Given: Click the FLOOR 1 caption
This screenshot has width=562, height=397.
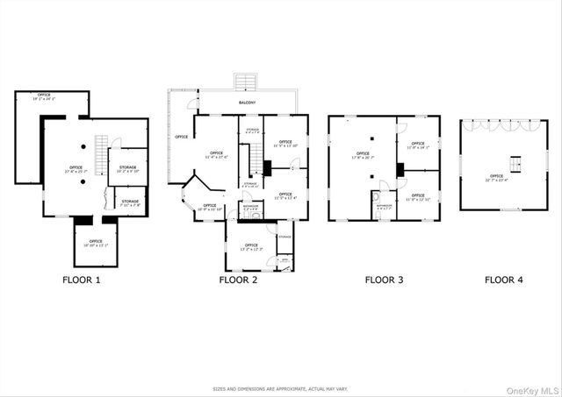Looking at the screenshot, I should click(82, 280).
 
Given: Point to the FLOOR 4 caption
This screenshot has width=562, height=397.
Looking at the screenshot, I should click(504, 280).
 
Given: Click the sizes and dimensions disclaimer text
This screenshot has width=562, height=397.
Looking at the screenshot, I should click(281, 388).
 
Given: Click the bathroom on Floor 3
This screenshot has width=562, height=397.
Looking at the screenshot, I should click(384, 207).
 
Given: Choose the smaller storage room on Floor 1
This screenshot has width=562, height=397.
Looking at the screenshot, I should click(130, 204).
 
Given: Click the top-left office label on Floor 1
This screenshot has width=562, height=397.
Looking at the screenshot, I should click(44, 96).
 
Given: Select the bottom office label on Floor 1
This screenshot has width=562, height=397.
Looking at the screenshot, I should click(95, 243).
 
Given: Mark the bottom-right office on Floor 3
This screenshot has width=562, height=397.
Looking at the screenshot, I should click(418, 199).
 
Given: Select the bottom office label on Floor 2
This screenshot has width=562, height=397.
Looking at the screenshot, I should click(250, 247).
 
